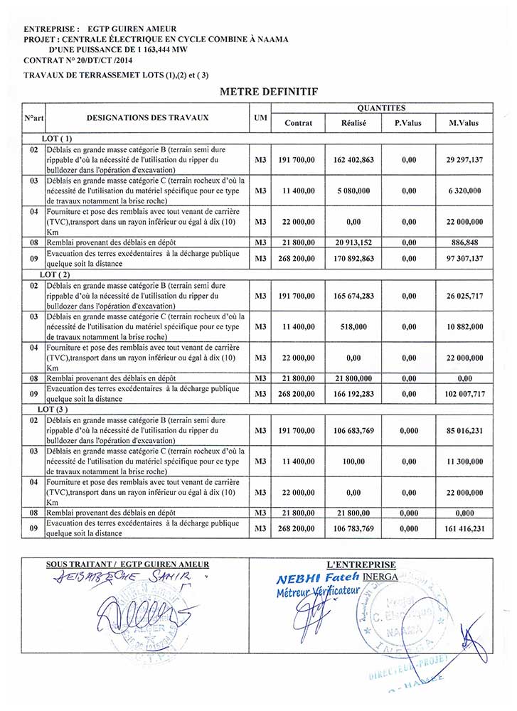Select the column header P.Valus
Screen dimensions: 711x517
click(407, 123)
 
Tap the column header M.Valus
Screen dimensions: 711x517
click(464, 123)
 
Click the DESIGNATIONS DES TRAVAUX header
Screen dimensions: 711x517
click(147, 117)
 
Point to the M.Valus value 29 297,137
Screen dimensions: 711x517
click(464, 161)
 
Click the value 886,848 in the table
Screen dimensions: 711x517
click(464, 242)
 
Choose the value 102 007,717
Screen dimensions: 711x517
click(464, 393)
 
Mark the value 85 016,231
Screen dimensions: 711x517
click(464, 430)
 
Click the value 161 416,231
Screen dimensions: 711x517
click(464, 528)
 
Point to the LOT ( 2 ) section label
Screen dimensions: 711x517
click(56, 274)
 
